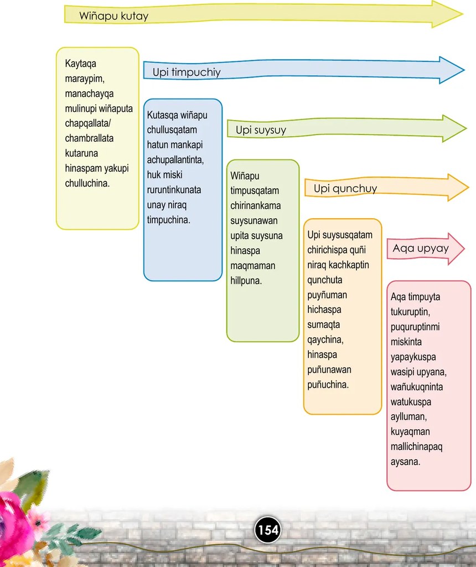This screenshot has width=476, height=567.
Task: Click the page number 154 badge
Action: click(268, 530)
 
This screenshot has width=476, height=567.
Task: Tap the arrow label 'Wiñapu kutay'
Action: click(114, 16)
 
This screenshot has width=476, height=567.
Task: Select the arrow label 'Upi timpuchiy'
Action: click(187, 72)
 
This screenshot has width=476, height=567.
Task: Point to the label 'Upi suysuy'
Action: click(261, 130)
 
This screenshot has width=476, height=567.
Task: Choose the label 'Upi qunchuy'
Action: click(345, 188)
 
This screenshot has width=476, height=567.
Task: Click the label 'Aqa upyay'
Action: click(421, 249)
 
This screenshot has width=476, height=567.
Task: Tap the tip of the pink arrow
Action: click(464, 249)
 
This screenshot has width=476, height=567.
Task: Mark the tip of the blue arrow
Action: click(464, 70)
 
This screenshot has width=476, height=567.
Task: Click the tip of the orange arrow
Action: click(469, 187)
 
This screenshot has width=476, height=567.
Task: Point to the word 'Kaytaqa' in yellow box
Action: click(81, 64)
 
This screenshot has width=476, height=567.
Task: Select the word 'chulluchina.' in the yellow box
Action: click(87, 183)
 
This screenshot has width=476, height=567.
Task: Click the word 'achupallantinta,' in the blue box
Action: click(175, 160)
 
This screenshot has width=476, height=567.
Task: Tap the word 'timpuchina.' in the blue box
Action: click(168, 220)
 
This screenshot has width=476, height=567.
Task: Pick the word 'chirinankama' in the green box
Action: click(256, 206)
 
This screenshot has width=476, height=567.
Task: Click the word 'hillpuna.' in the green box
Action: click(246, 281)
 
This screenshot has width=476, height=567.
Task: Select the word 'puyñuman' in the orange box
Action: click(327, 295)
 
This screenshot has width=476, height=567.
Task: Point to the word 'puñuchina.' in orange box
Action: click(328, 384)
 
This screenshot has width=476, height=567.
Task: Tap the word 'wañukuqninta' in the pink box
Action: click(417, 387)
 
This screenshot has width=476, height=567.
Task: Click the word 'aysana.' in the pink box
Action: click(406, 462)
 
